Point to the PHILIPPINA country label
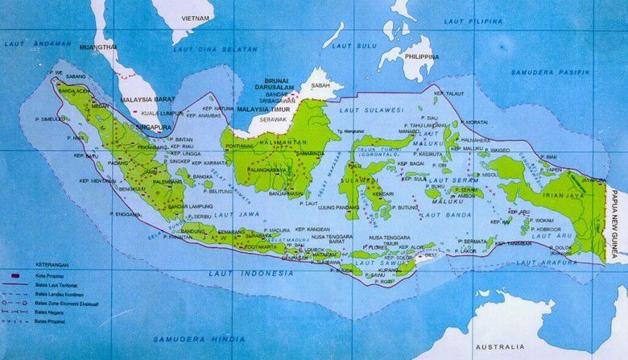click(x=421, y=57)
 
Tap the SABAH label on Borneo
click(x=320, y=83)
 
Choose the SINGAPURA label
click(x=155, y=126)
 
